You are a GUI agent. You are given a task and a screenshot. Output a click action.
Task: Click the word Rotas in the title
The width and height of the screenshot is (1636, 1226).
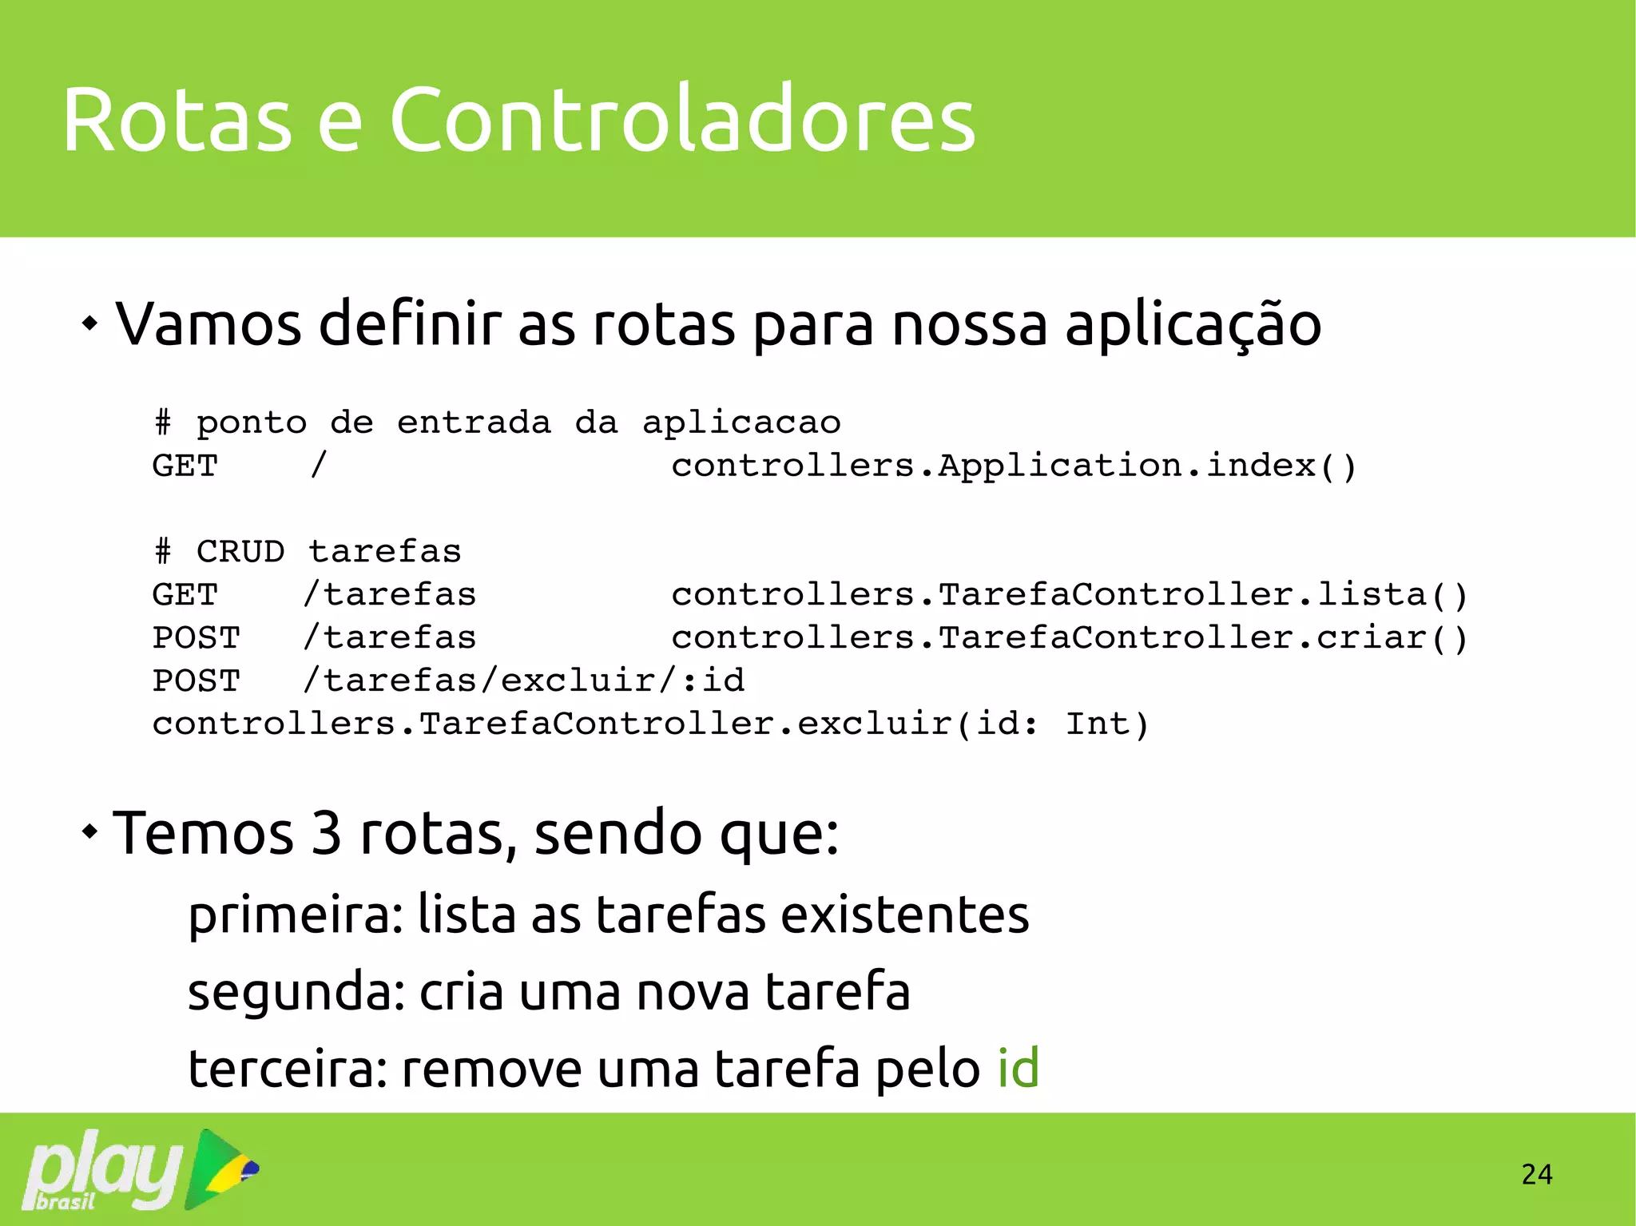click(177, 120)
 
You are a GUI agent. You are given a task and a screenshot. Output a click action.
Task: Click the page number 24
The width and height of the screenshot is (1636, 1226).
click(1536, 1174)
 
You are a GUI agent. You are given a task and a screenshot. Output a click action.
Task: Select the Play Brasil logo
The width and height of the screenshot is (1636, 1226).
click(140, 1169)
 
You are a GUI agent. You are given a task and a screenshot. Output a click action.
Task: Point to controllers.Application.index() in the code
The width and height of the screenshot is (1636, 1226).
click(1013, 466)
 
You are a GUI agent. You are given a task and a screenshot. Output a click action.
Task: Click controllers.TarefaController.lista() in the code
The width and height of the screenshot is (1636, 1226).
click(1069, 595)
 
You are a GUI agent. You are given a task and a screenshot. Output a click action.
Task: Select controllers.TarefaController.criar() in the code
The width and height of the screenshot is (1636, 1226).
click(1069, 638)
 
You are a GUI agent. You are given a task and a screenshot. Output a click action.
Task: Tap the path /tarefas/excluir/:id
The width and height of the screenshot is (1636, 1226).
click(524, 680)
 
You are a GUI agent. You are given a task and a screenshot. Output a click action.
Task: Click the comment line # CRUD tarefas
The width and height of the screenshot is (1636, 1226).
click(308, 551)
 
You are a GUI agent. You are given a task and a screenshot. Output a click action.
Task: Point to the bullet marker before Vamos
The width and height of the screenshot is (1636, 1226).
click(90, 323)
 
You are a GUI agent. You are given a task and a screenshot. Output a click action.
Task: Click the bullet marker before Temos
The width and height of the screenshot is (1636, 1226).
click(90, 832)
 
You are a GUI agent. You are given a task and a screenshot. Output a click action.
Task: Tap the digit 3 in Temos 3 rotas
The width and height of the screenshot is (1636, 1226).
click(326, 833)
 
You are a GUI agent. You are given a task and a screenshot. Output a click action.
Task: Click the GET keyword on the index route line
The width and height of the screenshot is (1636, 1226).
click(185, 466)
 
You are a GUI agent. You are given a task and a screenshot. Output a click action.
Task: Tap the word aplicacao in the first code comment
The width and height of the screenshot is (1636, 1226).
click(741, 423)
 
